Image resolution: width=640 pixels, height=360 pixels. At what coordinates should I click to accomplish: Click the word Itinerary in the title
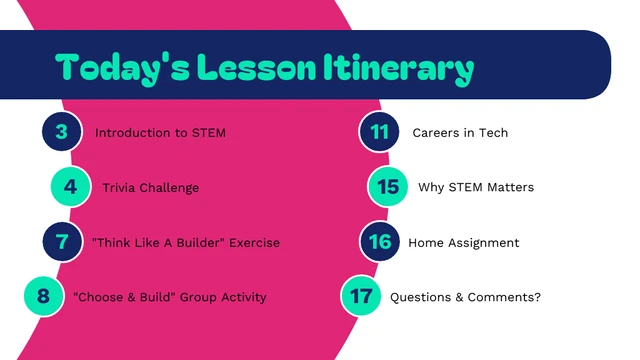pyautogui.click(x=398, y=68)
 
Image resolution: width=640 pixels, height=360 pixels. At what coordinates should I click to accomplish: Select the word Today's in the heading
pyautogui.click(x=122, y=68)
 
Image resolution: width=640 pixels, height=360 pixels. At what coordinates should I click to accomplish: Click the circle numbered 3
pyautogui.click(x=62, y=132)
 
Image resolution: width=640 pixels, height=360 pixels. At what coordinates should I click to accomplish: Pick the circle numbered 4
pyautogui.click(x=70, y=187)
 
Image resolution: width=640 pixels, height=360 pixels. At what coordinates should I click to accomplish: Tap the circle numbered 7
pyautogui.click(x=62, y=242)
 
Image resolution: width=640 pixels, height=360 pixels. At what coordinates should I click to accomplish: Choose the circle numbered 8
pyautogui.click(x=43, y=296)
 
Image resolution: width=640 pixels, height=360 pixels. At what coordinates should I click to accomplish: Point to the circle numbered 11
pyautogui.click(x=379, y=132)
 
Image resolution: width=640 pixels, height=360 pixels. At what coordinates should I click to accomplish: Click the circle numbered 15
pyautogui.click(x=388, y=187)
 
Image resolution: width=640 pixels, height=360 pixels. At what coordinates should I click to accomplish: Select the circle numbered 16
pyautogui.click(x=379, y=242)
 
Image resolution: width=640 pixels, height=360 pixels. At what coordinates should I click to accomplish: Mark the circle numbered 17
pyautogui.click(x=361, y=296)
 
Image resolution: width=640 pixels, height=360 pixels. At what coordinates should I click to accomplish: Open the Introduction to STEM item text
pyautogui.click(x=160, y=133)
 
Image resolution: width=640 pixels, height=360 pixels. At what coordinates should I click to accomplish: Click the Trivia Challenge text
pyautogui.click(x=150, y=188)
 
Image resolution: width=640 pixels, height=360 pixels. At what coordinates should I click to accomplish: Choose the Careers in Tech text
pyautogui.click(x=460, y=133)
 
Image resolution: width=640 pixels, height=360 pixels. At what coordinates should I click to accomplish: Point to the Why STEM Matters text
pyautogui.click(x=476, y=188)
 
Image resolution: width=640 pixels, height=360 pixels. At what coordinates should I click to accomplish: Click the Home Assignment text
pyautogui.click(x=463, y=242)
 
